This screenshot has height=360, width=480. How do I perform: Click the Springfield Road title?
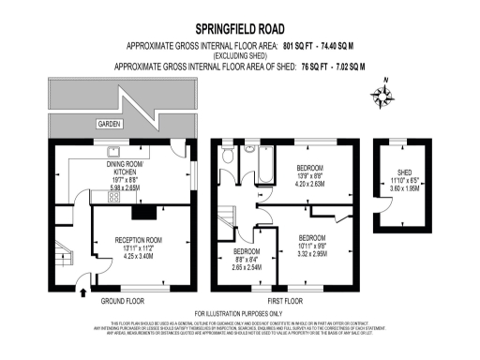click(x=238, y=30)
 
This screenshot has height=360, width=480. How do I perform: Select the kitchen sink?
click(x=113, y=149)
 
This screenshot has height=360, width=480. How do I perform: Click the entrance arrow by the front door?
click(x=84, y=292)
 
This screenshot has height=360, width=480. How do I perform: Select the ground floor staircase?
click(x=63, y=256)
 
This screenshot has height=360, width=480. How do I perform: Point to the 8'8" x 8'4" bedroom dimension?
click(x=248, y=260)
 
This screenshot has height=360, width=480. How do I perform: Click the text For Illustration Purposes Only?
click(x=238, y=313)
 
